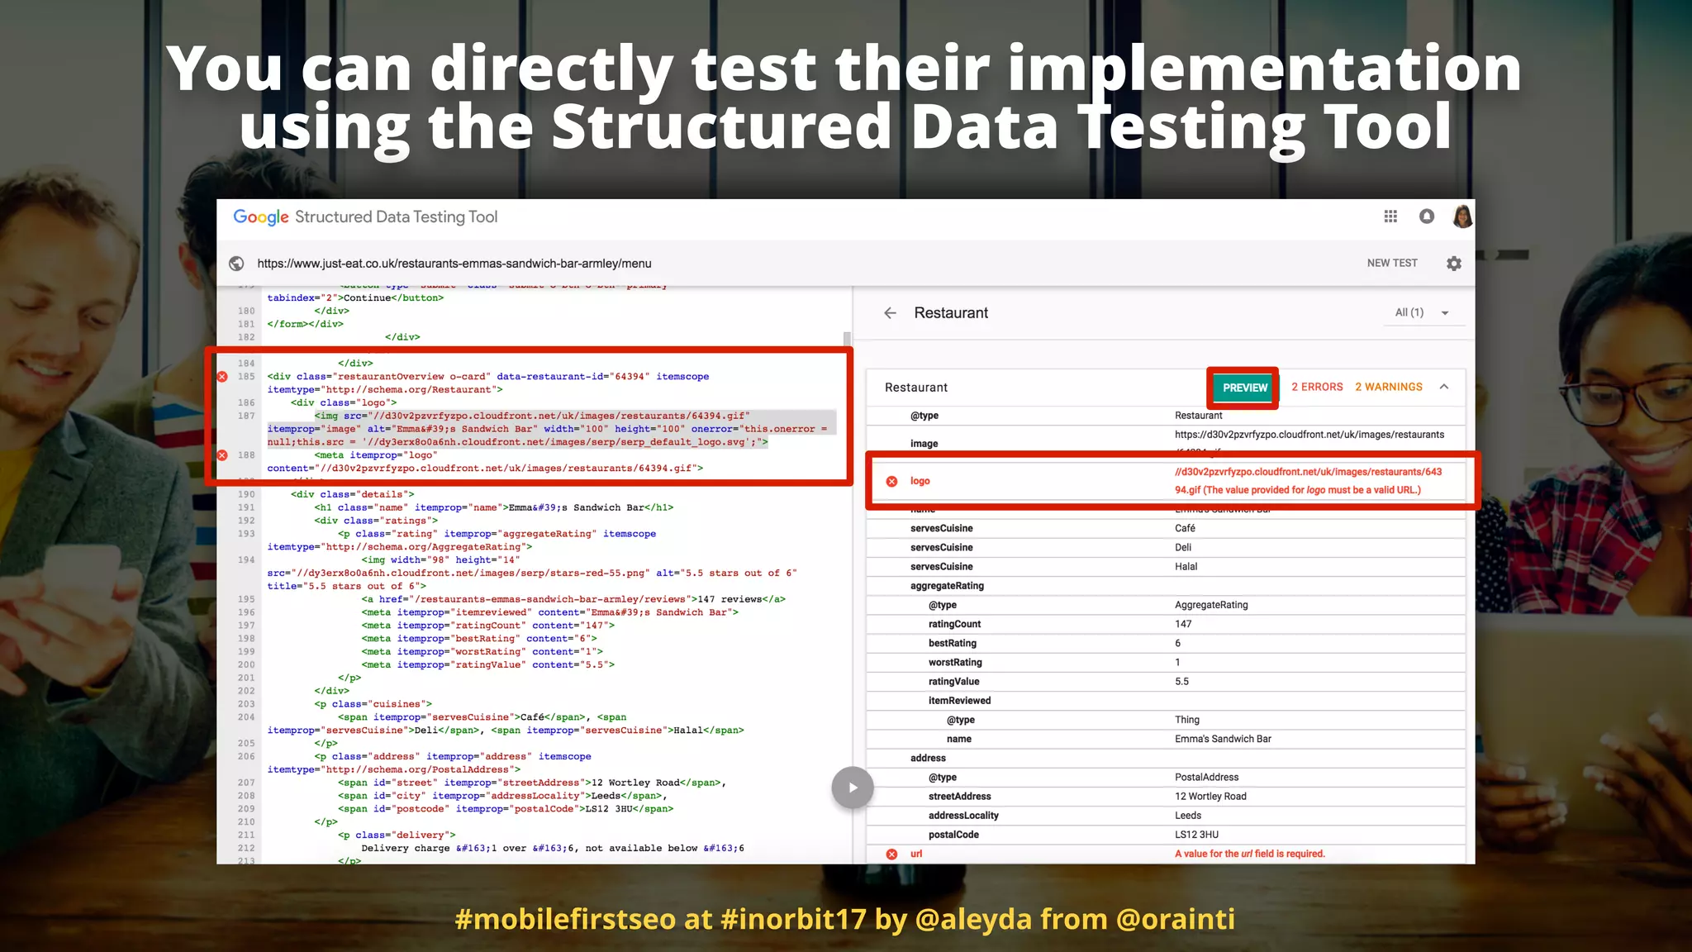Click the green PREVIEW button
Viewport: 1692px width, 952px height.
point(1244,388)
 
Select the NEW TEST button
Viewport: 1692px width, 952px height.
point(1391,263)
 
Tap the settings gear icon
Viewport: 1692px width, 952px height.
point(1454,264)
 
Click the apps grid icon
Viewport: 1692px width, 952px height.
point(1390,217)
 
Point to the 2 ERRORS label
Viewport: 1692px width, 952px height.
point(1317,387)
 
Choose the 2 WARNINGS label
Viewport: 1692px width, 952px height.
point(1388,387)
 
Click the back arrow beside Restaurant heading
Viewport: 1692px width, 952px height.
point(890,313)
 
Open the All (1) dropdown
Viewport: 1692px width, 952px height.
point(1421,312)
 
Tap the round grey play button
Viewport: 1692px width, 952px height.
point(852,788)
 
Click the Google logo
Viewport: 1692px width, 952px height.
point(261,217)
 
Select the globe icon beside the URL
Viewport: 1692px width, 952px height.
point(236,264)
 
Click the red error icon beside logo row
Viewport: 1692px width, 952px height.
point(891,481)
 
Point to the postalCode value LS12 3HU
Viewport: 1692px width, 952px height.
point(1196,835)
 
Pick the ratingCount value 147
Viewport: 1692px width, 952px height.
point(1183,624)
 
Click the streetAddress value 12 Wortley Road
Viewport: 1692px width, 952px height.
point(1210,797)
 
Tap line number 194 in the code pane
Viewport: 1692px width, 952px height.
point(246,560)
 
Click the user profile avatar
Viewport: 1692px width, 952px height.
point(1462,217)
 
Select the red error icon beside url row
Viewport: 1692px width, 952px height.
point(891,854)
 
